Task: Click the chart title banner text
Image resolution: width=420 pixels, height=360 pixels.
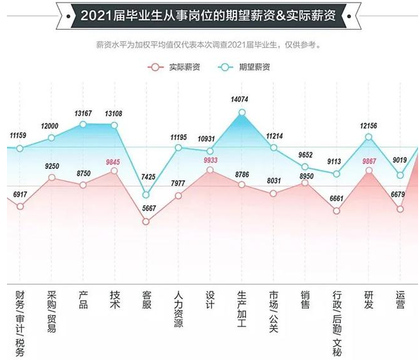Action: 209,15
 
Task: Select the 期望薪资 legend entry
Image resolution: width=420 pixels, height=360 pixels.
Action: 246,66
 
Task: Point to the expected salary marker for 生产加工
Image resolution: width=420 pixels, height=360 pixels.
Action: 242,113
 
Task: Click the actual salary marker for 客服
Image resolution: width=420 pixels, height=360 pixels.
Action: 146,221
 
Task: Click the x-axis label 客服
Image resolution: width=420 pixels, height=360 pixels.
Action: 146,300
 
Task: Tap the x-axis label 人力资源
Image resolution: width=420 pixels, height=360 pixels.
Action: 178,309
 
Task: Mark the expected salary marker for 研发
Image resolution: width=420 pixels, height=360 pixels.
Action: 369,137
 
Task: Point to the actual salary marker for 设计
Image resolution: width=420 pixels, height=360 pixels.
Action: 210,170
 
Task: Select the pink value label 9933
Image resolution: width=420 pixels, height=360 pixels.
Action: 210,161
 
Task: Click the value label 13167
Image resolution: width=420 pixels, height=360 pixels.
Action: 83,114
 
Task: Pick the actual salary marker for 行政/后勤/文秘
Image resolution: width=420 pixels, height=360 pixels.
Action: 337,211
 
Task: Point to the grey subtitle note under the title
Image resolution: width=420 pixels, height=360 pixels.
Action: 208,45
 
